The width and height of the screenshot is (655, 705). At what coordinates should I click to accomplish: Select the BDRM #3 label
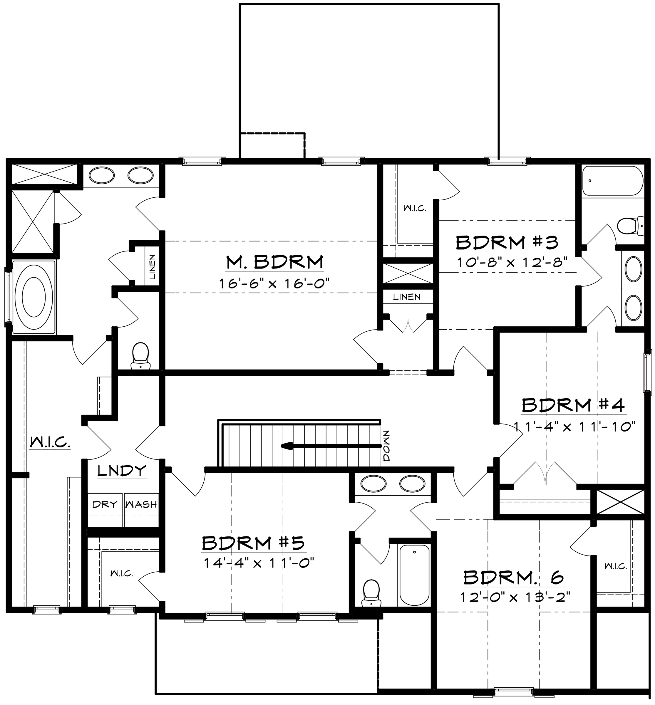pos(507,243)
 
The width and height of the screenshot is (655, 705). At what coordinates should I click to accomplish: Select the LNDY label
pos(122,471)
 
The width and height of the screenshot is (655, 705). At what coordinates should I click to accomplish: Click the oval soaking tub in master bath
pos(34,297)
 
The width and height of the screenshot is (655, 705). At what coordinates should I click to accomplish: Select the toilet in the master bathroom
pos(140,356)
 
